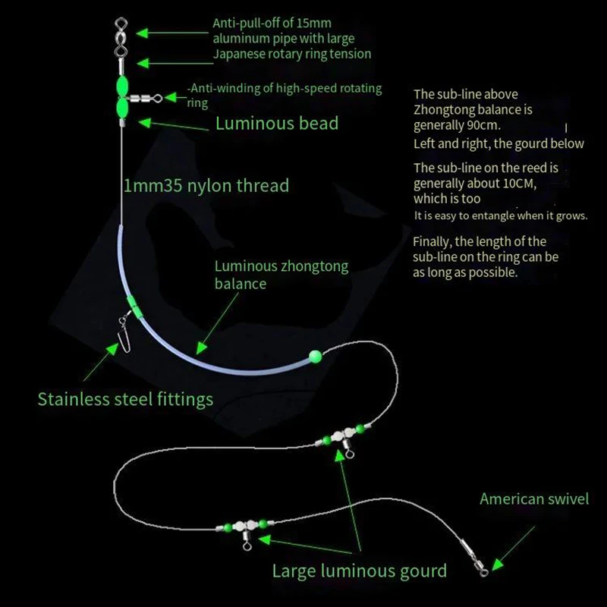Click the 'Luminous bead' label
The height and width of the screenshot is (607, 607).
point(277,123)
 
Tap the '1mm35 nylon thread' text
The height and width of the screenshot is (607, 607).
point(206,184)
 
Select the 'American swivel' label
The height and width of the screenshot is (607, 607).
point(534,498)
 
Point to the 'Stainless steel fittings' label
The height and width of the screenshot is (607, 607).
point(125,399)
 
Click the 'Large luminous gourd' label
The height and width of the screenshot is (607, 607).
point(360,571)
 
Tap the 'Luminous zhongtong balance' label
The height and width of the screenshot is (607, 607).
point(281,275)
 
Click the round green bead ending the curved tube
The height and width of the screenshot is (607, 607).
point(315,354)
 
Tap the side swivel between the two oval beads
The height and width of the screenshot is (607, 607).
point(146,97)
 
